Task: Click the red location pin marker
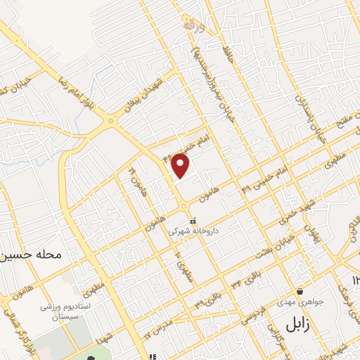(x=181, y=165)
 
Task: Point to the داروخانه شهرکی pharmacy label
(x=192, y=230)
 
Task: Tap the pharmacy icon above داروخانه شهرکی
(x=193, y=219)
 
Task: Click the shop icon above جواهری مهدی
(x=301, y=291)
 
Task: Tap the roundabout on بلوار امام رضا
(x=110, y=122)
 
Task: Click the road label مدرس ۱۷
(x=160, y=321)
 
